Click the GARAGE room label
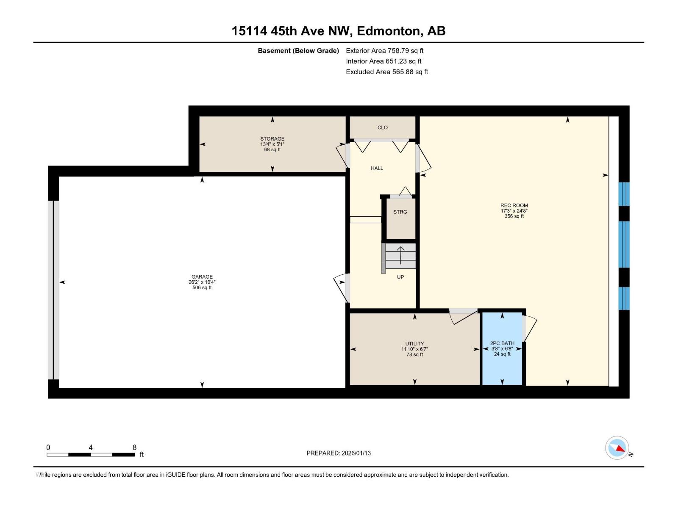(x=202, y=277)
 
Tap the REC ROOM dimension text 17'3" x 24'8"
(x=514, y=211)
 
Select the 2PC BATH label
(x=502, y=343)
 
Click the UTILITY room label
(x=414, y=344)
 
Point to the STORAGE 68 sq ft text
(x=272, y=149)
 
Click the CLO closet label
(x=382, y=127)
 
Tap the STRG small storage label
(x=400, y=212)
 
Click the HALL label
(x=377, y=168)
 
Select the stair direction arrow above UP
(x=400, y=255)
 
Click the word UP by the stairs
(x=400, y=277)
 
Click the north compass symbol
(x=617, y=448)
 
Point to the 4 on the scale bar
(x=91, y=447)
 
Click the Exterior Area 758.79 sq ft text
(x=384, y=50)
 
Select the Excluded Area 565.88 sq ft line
(x=386, y=72)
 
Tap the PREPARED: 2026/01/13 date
(x=339, y=453)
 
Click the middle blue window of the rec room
(x=623, y=244)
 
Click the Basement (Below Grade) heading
(x=298, y=50)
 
